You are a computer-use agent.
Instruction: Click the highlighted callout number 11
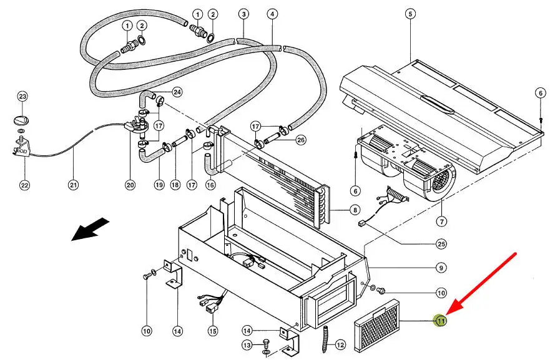tap(441, 321)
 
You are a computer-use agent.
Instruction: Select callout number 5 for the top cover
tap(410, 14)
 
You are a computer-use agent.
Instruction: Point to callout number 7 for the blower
tap(441, 221)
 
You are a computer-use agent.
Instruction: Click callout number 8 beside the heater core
tap(354, 210)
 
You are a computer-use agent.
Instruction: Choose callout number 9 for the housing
tap(441, 268)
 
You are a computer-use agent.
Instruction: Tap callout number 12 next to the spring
tap(340, 344)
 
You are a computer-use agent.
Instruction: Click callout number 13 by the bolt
tap(265, 344)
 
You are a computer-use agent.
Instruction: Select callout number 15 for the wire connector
tap(213, 330)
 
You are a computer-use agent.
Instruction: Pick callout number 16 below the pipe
tap(210, 185)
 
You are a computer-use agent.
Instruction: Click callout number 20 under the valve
tap(130, 185)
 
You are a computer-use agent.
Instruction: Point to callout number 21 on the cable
tap(73, 185)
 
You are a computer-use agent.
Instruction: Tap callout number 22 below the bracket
tap(24, 185)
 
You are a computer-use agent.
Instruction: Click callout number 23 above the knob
tap(22, 97)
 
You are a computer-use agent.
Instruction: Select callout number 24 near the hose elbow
tap(177, 92)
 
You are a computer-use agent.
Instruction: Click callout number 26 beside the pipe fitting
tap(301, 140)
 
